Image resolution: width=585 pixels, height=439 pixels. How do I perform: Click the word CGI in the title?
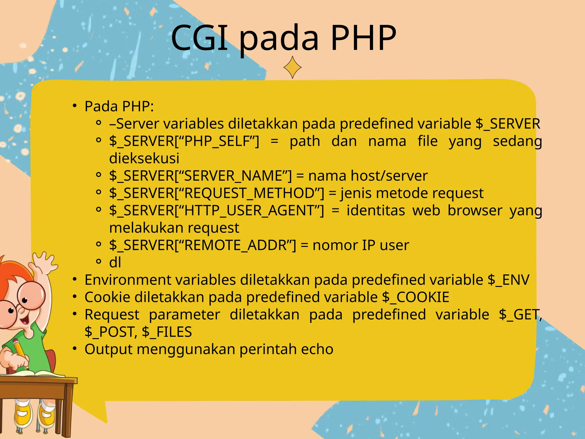pyautogui.click(x=200, y=38)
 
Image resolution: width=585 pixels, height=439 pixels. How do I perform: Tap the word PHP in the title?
pyautogui.click(x=363, y=38)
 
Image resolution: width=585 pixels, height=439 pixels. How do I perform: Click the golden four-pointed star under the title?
pyautogui.click(x=292, y=67)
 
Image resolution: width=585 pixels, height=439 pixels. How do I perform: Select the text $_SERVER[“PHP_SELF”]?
pyautogui.click(x=184, y=141)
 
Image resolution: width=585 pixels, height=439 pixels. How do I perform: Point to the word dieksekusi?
pyautogui.click(x=144, y=158)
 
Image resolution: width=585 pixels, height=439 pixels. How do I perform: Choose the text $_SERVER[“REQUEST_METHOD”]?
pyautogui.click(x=217, y=193)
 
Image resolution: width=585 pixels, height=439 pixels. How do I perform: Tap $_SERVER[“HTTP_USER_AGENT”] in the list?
pyautogui.click(x=217, y=211)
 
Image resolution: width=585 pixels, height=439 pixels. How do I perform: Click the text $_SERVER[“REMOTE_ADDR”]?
pyautogui.click(x=203, y=245)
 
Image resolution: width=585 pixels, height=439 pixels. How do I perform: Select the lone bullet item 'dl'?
pyautogui.click(x=115, y=262)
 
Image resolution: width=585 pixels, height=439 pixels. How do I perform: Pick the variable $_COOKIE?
pyautogui.click(x=416, y=297)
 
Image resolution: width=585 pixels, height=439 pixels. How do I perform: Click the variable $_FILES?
pyautogui.click(x=167, y=332)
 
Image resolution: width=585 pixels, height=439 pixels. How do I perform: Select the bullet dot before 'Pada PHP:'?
pyautogui.click(x=75, y=106)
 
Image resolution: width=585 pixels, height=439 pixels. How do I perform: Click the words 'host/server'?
pyautogui.click(x=389, y=176)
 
